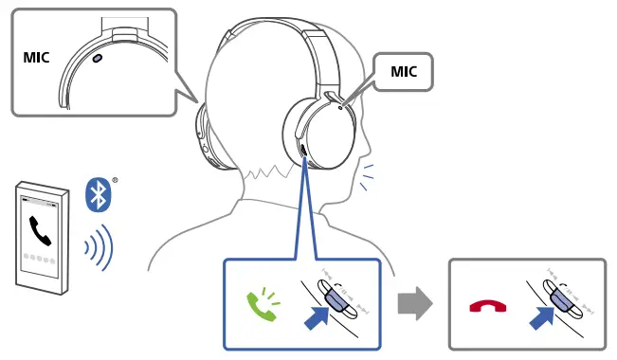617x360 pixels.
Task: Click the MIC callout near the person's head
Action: tap(404, 72)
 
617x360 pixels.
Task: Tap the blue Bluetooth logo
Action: tap(99, 194)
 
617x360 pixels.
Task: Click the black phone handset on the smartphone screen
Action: tap(41, 230)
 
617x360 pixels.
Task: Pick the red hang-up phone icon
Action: tap(488, 306)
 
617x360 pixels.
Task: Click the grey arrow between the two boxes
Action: tap(414, 303)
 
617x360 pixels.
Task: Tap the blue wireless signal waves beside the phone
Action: tap(99, 248)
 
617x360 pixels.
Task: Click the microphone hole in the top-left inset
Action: tap(99, 58)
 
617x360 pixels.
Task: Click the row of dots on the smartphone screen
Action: tap(40, 258)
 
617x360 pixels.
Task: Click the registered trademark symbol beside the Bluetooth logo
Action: tap(116, 180)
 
